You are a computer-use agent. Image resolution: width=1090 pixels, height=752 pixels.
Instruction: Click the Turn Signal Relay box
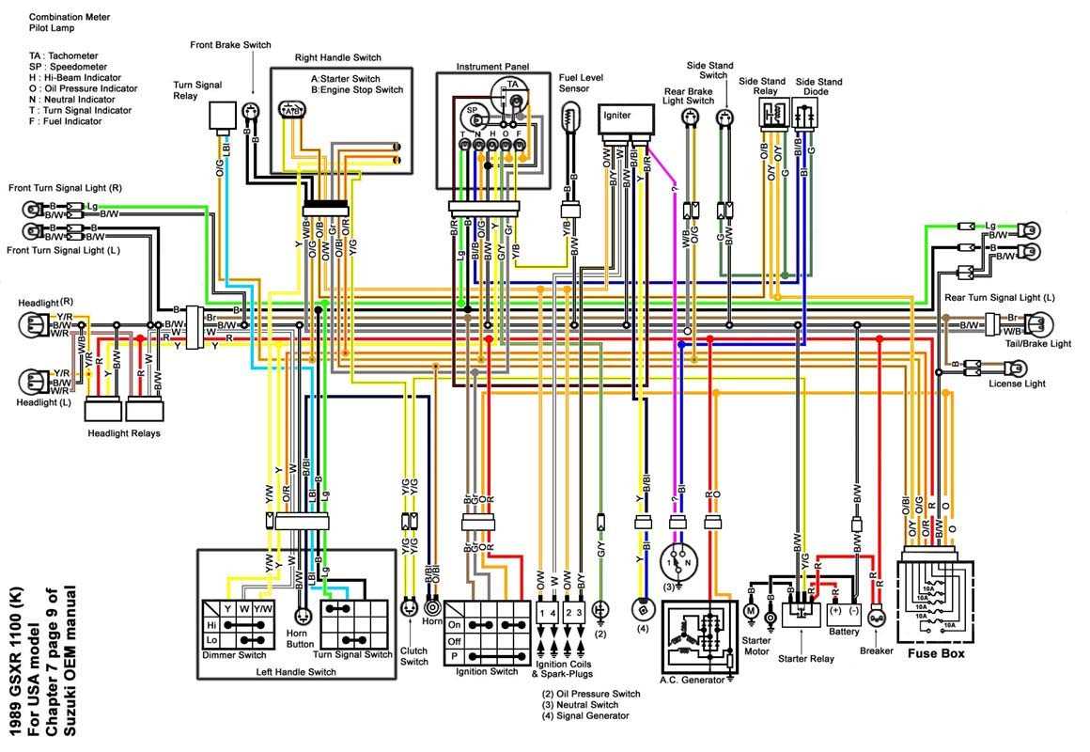[x=222, y=116]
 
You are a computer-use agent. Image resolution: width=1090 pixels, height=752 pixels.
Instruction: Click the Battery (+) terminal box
[x=834, y=610]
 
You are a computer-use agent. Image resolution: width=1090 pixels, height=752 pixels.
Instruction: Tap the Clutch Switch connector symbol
[x=409, y=608]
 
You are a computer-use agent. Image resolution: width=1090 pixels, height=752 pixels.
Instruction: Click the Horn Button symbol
[x=304, y=617]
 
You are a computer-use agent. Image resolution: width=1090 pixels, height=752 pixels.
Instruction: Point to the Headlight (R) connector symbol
[x=32, y=325]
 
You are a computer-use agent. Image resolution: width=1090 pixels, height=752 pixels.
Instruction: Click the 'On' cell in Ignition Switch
[x=455, y=623]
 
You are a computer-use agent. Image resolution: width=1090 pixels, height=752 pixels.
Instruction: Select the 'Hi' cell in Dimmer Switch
[x=212, y=624]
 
